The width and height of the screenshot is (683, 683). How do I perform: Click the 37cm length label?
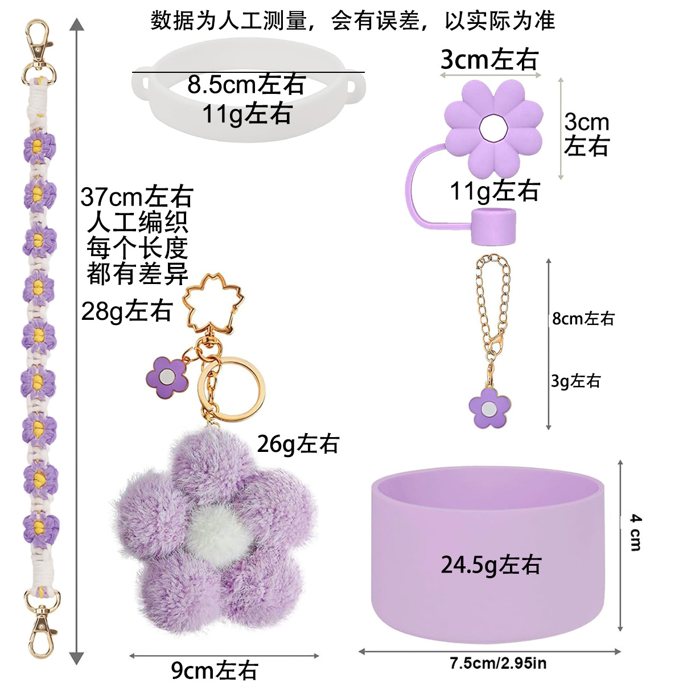pos(137,197)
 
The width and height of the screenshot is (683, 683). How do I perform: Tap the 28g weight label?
pos(126,311)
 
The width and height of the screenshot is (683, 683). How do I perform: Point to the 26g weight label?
pos(298,444)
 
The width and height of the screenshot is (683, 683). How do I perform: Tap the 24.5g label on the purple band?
pos(491,565)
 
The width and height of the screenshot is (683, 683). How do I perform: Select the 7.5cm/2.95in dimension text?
pos(497,663)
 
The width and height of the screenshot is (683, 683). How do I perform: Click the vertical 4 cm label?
pos(636,532)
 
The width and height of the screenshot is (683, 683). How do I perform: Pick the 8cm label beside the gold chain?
pos(583,319)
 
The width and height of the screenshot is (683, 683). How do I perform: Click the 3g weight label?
pos(575,381)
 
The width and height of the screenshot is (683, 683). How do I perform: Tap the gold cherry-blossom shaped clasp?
pos(212,302)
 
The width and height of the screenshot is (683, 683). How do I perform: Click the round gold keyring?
pos(232,389)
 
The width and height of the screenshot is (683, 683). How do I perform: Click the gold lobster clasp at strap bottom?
pos(42,623)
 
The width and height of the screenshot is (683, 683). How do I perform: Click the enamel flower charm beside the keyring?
pos(166,377)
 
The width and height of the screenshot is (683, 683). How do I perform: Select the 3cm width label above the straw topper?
pos(489,59)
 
